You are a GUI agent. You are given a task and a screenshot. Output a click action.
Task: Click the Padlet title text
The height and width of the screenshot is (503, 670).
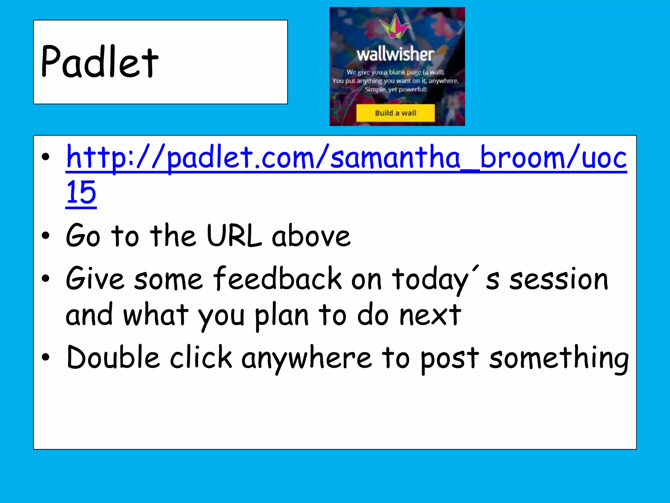100,62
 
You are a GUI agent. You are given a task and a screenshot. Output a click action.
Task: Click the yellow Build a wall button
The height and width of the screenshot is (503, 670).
395,113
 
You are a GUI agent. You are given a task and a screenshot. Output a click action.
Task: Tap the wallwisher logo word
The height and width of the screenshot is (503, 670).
395,54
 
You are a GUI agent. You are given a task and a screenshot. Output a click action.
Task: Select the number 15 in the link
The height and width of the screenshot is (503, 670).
81,193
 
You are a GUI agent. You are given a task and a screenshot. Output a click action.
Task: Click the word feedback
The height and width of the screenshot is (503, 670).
277,279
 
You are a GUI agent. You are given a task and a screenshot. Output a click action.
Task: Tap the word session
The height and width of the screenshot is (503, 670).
559,279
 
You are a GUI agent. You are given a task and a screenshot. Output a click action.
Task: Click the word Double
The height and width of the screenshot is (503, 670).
113,358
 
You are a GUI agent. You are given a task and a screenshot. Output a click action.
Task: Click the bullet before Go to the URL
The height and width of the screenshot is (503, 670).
46,236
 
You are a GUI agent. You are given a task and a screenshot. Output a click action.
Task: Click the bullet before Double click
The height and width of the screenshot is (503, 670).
46,358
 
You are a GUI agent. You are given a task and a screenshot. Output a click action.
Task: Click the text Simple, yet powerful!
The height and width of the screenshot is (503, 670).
396,89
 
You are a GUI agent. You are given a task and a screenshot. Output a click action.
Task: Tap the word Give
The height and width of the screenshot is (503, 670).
95,279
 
